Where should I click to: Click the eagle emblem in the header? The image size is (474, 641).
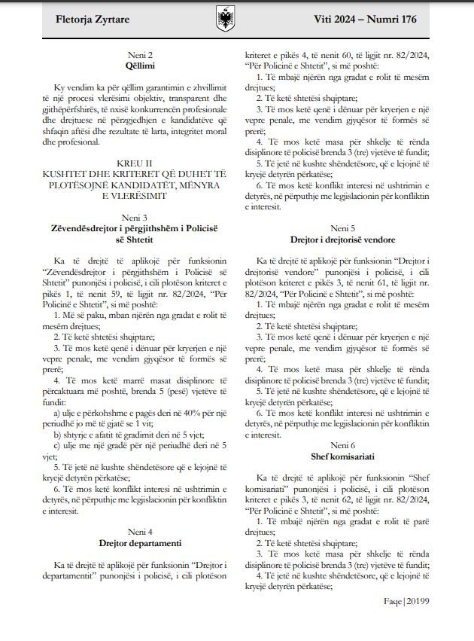(226, 17)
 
